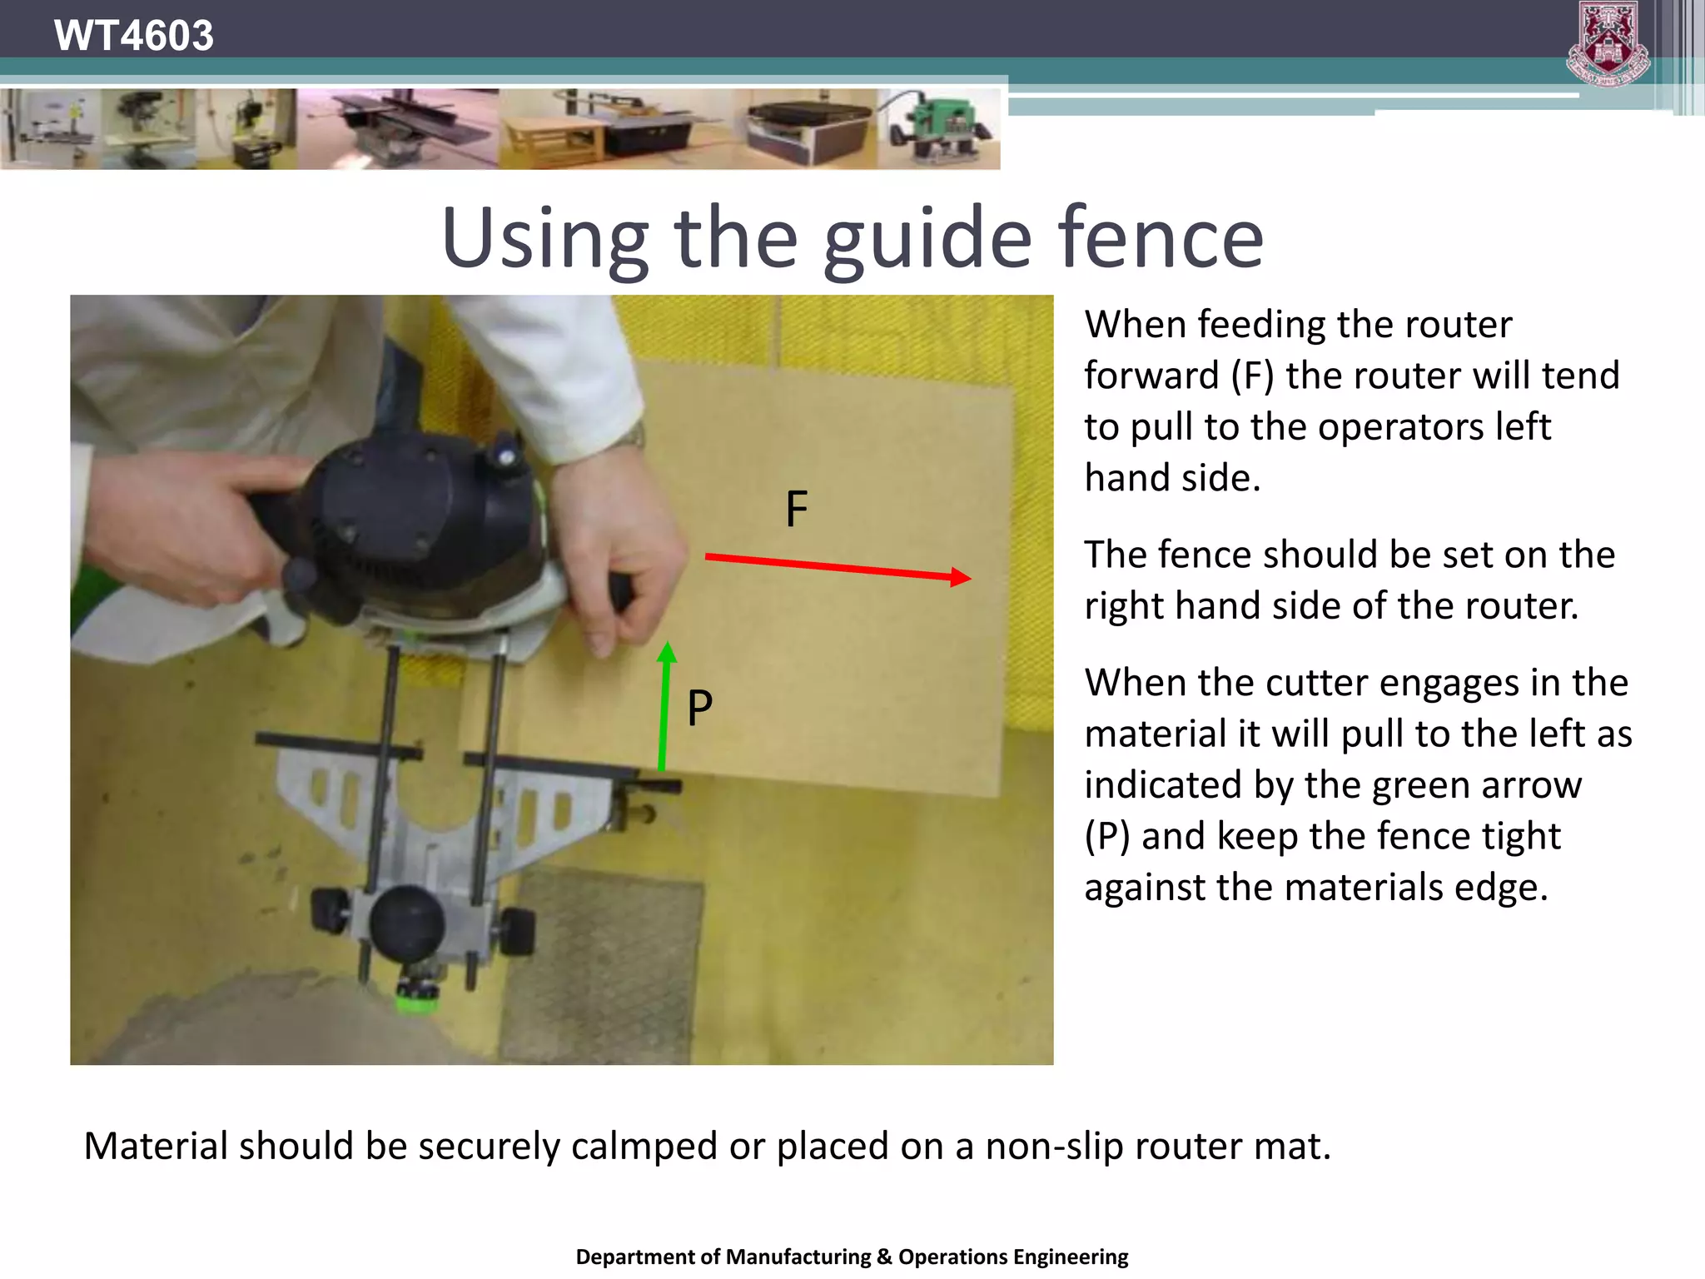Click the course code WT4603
[133, 35]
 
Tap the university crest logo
[1608, 43]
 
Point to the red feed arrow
[837, 567]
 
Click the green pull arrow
[664, 708]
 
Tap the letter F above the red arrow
[796, 509]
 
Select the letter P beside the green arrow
[699, 708]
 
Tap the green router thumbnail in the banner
[941, 130]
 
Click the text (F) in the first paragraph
[1252, 376]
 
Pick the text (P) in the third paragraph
[1106, 836]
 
